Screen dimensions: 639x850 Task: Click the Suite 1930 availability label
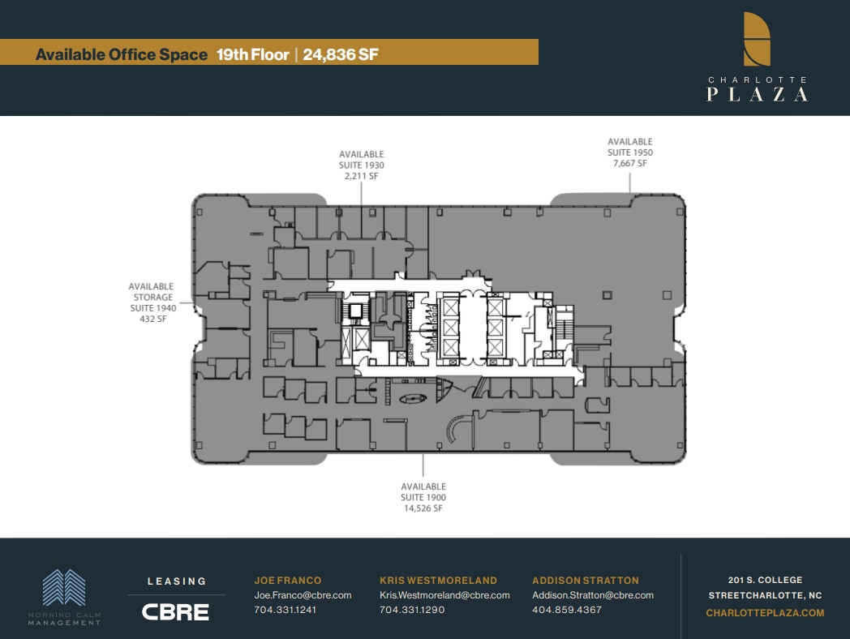click(362, 165)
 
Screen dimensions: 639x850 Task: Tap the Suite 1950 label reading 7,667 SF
click(630, 152)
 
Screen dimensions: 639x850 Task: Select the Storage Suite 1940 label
click(152, 302)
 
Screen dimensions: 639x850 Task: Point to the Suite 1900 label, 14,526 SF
click(423, 497)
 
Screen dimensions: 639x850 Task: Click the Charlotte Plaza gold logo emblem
click(757, 39)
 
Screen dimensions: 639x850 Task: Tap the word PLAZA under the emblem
click(757, 94)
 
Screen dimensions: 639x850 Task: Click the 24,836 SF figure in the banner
click(341, 54)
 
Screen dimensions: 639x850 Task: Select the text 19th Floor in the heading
click(252, 54)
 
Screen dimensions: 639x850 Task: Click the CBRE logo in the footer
click(176, 611)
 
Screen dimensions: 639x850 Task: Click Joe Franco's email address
click(303, 595)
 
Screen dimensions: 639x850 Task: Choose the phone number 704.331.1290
click(412, 610)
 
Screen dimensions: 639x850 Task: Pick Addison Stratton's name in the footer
click(586, 581)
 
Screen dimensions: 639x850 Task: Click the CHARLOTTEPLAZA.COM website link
click(765, 613)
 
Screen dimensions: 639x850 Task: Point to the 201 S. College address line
click(765, 580)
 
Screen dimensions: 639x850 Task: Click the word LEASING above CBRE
click(176, 581)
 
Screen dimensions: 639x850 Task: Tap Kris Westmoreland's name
click(438, 581)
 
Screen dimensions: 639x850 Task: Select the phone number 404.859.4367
click(567, 610)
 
